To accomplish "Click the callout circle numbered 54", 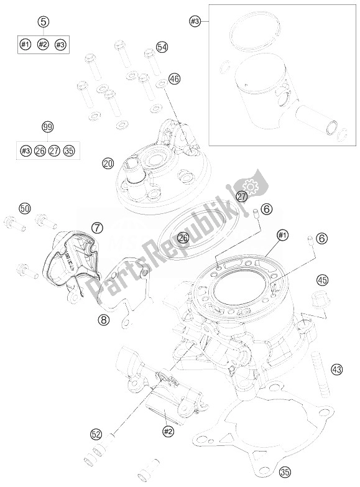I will pyautogui.click(x=162, y=47).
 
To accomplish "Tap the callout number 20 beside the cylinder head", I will pyautogui.click(x=108, y=164).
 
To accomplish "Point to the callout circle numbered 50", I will pyautogui.click(x=24, y=208).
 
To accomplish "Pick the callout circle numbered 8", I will pyautogui.click(x=103, y=320).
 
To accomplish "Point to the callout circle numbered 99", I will pyautogui.click(x=47, y=128).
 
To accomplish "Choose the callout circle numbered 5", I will pyautogui.click(x=43, y=22).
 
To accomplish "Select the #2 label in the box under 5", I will pyautogui.click(x=43, y=44).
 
